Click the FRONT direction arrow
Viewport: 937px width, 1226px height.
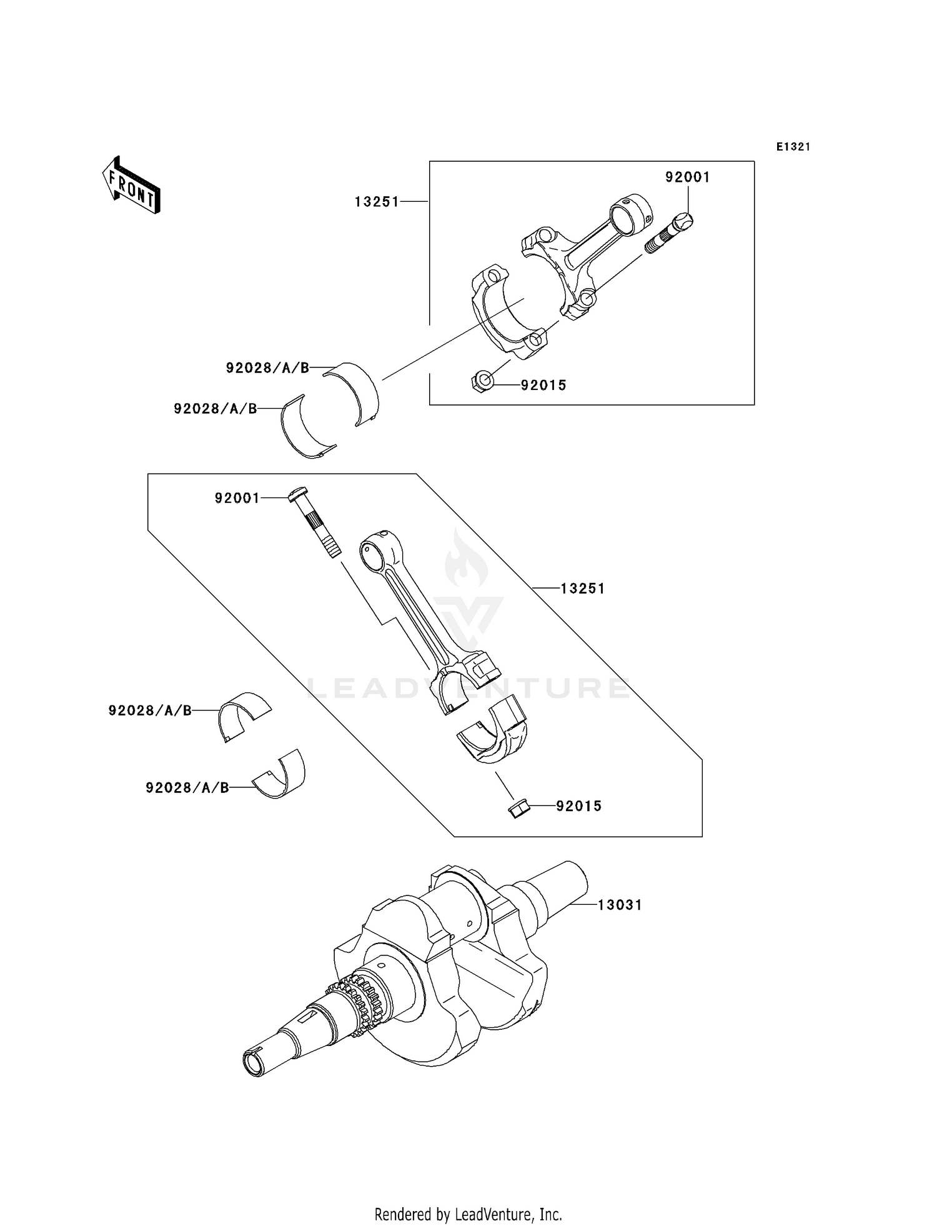click(x=132, y=186)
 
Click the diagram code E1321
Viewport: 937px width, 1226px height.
click(x=793, y=147)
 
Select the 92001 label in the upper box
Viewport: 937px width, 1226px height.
click(x=687, y=177)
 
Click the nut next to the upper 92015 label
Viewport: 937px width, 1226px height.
click(x=482, y=380)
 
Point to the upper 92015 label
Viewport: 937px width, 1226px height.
click(x=543, y=386)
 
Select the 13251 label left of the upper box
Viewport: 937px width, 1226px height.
click(x=377, y=202)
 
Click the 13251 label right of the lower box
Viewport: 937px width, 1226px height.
click(x=582, y=589)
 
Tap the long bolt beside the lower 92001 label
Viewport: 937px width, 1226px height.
click(x=315, y=526)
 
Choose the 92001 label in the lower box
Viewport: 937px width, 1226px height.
click(x=237, y=498)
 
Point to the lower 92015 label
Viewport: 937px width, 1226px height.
click(x=578, y=806)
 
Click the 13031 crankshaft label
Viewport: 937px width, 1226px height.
click(x=620, y=905)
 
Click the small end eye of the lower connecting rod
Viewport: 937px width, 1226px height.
click(x=377, y=552)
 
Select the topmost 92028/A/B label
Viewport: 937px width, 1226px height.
click(x=267, y=368)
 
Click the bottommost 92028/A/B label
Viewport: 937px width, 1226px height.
click(x=187, y=788)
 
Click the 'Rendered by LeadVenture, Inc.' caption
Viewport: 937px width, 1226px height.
click(x=468, y=1214)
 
